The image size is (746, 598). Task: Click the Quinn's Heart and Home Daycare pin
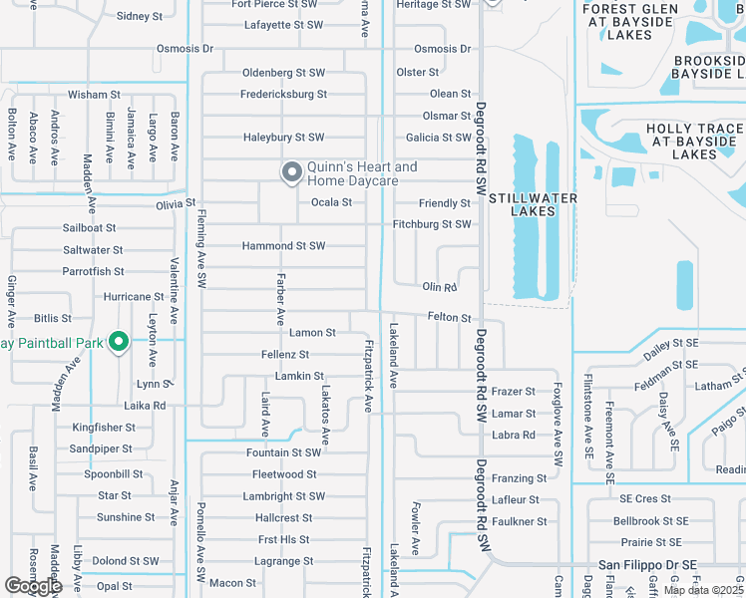[292, 173]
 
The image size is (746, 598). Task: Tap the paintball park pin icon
[119, 343]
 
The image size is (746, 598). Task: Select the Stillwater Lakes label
[533, 204]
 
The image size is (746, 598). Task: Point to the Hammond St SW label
[283, 245]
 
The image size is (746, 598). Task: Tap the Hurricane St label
[134, 297]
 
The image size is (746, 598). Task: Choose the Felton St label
[449, 318]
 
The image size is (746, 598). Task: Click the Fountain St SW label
[284, 452]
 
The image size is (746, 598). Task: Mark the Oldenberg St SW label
[284, 73]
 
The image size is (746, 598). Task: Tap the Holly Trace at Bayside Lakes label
[694, 142]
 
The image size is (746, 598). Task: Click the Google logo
[33, 586]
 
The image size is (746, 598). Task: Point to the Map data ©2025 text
[703, 590]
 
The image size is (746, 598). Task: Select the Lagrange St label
[284, 562]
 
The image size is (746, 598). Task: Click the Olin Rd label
[439, 287]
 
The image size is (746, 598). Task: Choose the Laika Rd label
[145, 406]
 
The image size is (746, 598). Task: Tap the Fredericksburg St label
[283, 95]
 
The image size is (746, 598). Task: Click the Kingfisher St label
[103, 428]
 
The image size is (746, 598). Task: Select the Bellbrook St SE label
[650, 520]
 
